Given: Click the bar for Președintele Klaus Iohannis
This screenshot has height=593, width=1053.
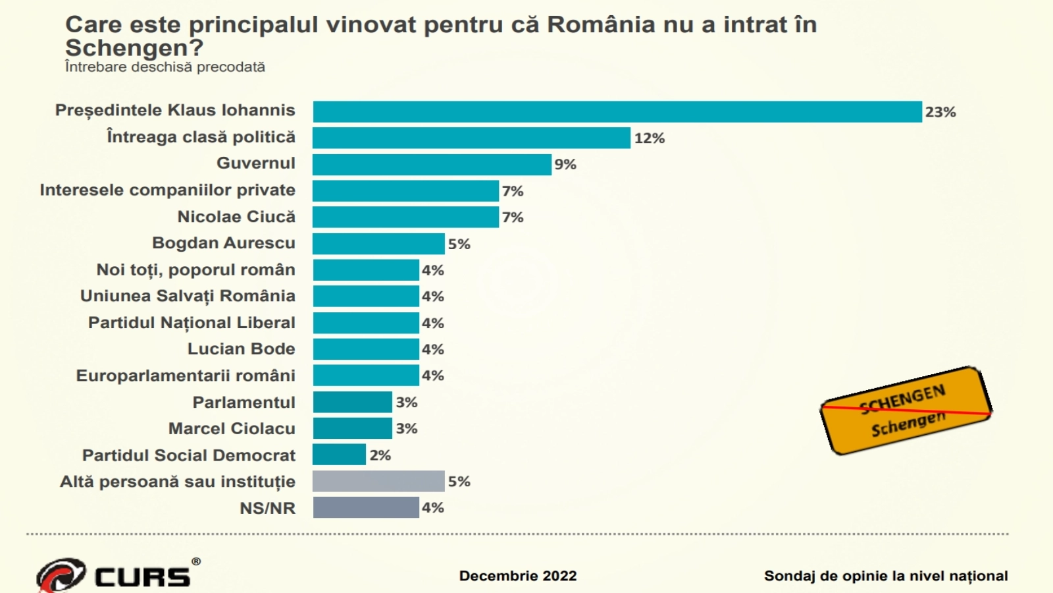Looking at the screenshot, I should coord(617,112).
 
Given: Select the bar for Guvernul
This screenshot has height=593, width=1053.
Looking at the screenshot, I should coord(432,165).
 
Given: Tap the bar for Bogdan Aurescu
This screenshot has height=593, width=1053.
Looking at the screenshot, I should coord(378,244).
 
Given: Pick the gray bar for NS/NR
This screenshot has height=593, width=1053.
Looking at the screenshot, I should coord(366,507).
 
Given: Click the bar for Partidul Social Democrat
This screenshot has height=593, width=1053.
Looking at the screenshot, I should coord(339,455).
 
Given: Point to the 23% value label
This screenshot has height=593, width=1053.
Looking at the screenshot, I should coord(940,112).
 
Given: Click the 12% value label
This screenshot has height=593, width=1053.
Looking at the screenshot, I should coord(649,138).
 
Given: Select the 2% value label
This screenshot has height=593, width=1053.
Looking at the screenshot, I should coord(380,455).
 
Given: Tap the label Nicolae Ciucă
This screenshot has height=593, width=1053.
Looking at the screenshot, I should coord(236,217).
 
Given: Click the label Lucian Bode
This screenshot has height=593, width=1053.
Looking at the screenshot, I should coord(241,349).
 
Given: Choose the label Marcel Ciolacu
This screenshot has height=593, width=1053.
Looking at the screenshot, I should coord(232,428).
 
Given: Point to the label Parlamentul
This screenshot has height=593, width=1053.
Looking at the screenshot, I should coord(244,402).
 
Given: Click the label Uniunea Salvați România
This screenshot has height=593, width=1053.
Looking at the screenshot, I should coord(188,296).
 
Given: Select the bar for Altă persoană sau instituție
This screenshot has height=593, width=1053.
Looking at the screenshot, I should coord(378,481).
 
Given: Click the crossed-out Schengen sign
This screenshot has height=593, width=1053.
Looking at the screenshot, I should coord(906,411).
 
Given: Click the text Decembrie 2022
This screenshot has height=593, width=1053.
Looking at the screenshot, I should coord(518,576).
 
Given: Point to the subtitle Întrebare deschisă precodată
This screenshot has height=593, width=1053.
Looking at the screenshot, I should coord(165,67).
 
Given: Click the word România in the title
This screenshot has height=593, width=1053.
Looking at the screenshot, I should coord(601,25).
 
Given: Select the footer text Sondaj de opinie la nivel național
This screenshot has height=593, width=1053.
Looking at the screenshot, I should coord(886,576).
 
